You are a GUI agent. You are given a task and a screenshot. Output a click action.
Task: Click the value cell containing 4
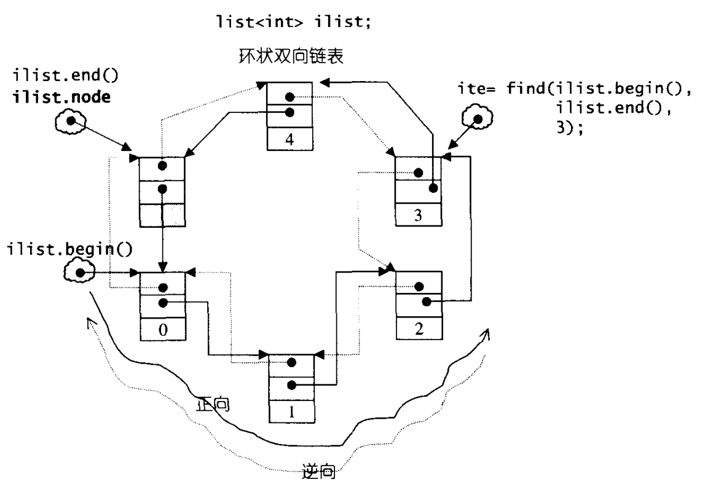(x=289, y=138)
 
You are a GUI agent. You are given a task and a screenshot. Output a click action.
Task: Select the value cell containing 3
(x=418, y=215)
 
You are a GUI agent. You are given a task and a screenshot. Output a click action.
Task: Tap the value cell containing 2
(x=419, y=329)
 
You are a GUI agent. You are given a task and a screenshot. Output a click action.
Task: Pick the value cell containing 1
(x=291, y=411)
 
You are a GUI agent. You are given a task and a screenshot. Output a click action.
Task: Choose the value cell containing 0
(x=163, y=329)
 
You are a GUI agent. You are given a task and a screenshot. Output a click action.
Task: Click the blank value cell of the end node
(x=162, y=215)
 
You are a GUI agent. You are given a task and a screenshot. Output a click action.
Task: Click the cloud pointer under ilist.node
(x=71, y=121)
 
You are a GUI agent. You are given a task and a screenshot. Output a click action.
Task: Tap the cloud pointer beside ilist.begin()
(x=79, y=272)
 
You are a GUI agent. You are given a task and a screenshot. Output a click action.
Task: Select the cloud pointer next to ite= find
(x=478, y=119)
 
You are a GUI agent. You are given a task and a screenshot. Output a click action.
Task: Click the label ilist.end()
(x=66, y=75)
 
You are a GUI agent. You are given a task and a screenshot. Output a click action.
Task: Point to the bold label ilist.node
(x=61, y=97)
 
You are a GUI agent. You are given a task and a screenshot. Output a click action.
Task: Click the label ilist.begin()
(x=69, y=249)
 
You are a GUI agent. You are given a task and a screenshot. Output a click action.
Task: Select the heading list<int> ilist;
(x=294, y=21)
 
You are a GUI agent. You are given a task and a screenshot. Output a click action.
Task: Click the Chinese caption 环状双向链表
(x=291, y=56)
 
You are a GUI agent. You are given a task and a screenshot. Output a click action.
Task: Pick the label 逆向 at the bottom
(x=319, y=472)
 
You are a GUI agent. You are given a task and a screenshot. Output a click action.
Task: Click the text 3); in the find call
(x=570, y=128)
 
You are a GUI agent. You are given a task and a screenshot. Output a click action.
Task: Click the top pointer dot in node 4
(x=289, y=97)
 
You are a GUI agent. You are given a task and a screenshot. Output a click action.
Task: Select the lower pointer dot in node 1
(x=291, y=385)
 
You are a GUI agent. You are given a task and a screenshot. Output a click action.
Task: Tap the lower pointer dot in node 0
(x=163, y=303)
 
